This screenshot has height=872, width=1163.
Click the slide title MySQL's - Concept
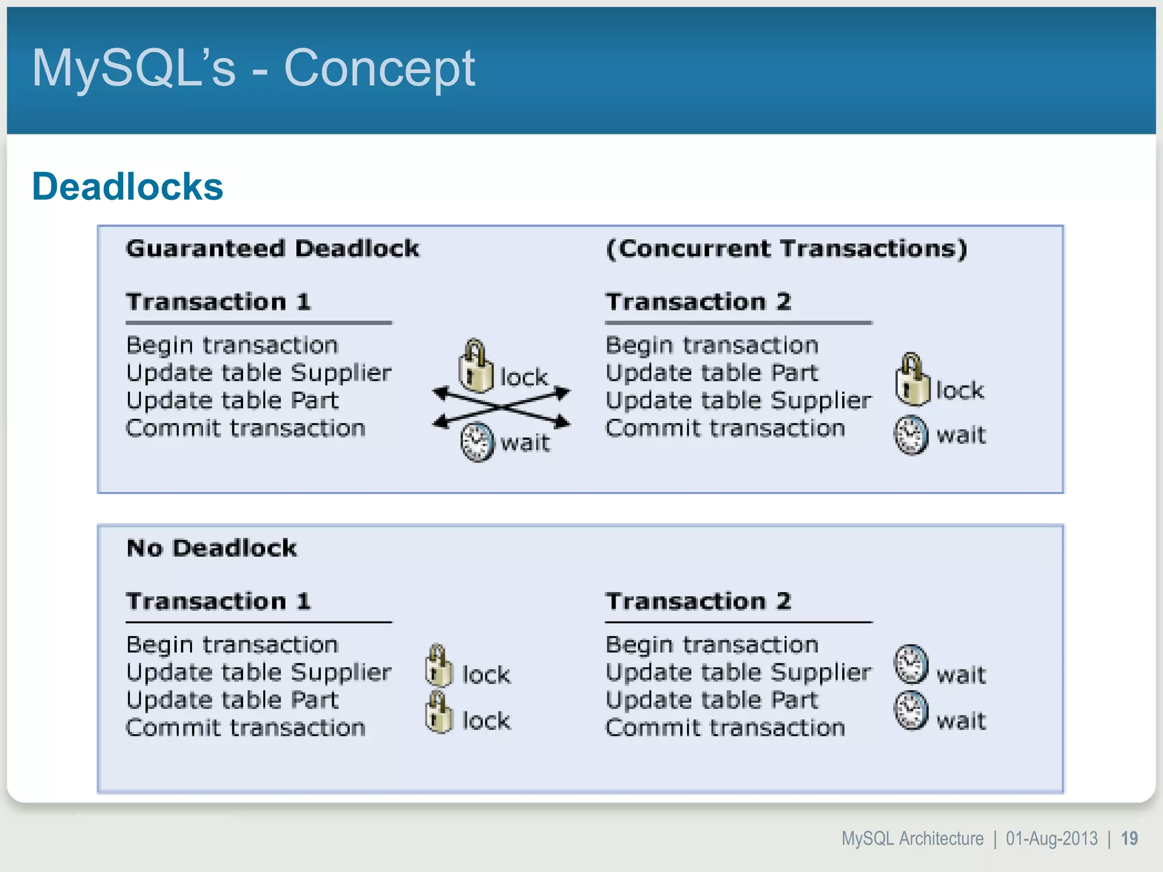(x=253, y=68)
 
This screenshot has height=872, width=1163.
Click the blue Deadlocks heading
(x=128, y=186)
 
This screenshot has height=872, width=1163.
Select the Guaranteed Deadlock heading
(x=273, y=249)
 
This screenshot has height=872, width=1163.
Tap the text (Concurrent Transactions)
(x=786, y=249)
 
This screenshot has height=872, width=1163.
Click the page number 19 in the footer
(x=1129, y=839)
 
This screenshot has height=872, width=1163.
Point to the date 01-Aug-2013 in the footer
(x=1051, y=839)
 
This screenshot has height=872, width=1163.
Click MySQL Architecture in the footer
(x=912, y=839)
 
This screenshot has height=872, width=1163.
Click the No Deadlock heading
(x=211, y=548)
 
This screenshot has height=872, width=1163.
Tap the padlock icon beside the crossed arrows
(x=476, y=367)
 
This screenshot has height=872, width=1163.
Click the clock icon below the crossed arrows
(x=476, y=442)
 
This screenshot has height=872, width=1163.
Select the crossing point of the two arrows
(x=502, y=407)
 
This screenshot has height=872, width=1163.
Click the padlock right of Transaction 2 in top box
(x=912, y=380)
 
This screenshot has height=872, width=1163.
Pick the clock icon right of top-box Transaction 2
(x=911, y=435)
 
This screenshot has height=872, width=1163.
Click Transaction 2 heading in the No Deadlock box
(x=698, y=601)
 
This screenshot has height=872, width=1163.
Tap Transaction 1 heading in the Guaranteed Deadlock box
(x=218, y=301)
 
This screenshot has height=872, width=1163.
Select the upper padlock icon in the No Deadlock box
(x=438, y=666)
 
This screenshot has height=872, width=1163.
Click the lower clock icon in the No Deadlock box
(x=911, y=710)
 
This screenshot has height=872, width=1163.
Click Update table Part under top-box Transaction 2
(x=712, y=373)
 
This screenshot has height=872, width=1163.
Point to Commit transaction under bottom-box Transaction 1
(x=245, y=728)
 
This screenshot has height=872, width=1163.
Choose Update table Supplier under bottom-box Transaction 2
(x=738, y=673)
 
